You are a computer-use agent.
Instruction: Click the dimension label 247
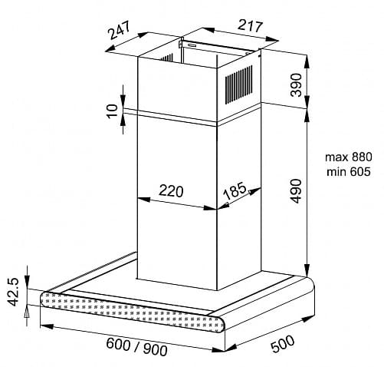coord(119,31)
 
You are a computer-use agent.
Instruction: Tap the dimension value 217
coord(250,25)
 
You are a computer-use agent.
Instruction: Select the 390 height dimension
coord(296,84)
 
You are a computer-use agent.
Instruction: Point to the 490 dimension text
coord(296,191)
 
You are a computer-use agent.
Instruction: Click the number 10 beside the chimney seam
coord(112,111)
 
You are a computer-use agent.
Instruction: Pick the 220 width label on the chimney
coord(171,190)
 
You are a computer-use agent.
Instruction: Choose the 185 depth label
coord(235,190)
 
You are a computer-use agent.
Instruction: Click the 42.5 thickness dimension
coord(13,292)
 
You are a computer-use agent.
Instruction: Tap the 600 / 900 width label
coord(136,347)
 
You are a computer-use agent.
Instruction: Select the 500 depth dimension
coord(282,344)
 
